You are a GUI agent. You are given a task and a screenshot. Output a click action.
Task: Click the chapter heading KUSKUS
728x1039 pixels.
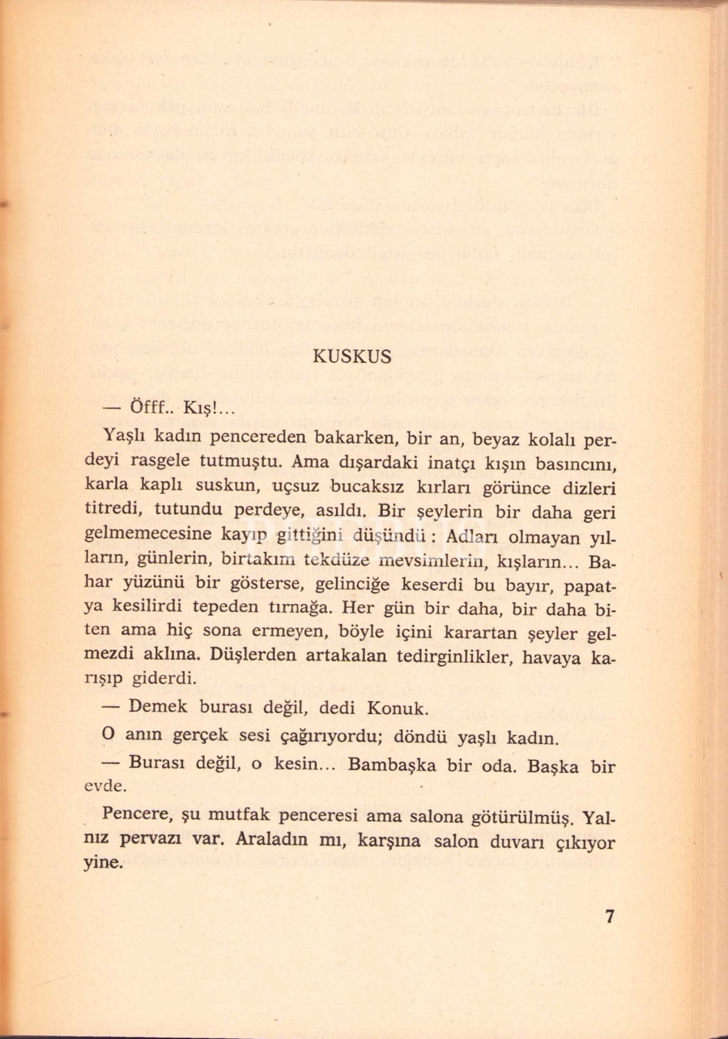click(352, 357)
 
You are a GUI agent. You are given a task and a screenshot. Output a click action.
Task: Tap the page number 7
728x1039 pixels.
click(610, 916)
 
